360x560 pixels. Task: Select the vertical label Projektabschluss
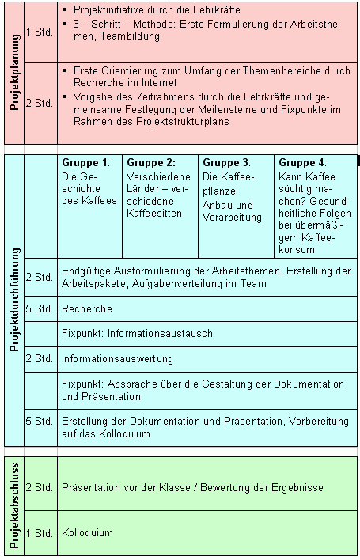click(13, 505)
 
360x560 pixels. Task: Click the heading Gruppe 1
click(84, 162)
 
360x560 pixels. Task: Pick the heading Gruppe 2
click(150, 162)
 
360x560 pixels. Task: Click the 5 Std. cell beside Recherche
click(40, 308)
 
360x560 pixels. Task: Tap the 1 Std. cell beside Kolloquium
click(40, 532)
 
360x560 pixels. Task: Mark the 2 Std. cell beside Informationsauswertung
click(40, 358)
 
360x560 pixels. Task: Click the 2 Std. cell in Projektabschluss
click(40, 487)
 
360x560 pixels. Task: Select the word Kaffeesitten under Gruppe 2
click(154, 213)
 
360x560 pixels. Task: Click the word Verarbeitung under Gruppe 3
click(233, 216)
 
